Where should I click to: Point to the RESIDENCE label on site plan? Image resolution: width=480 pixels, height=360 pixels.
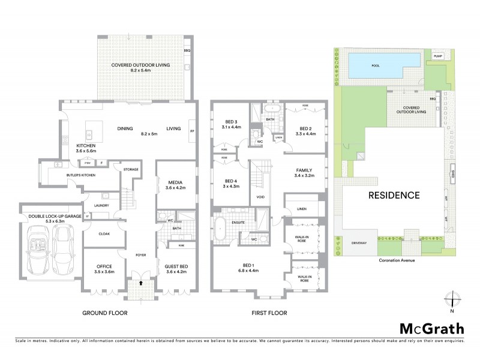394,195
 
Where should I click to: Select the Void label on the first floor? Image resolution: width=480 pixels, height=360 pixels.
260,197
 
